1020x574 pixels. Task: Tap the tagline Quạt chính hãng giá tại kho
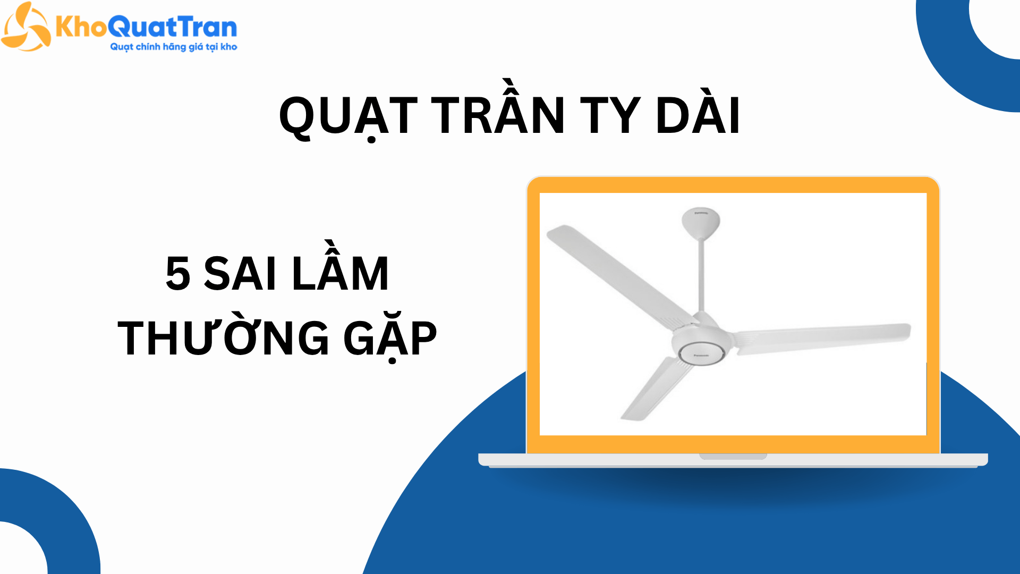tap(173, 47)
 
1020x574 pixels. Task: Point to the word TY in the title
tap(610, 116)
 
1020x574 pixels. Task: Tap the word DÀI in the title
tap(698, 115)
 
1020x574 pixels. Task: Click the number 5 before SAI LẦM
tap(178, 274)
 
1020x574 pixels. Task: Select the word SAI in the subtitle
tap(240, 274)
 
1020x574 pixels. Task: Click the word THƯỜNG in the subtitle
tap(223, 338)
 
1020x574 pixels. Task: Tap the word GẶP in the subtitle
tap(390, 339)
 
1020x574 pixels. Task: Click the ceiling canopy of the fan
tap(701, 222)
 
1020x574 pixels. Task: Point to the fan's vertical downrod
tap(701, 276)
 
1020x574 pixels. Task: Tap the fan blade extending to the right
tap(823, 337)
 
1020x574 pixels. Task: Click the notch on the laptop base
tap(733, 457)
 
